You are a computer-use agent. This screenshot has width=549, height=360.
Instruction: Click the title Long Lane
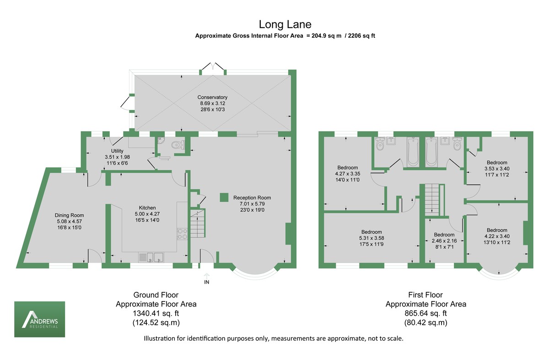[285, 24]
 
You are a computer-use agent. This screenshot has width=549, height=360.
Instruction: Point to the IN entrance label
[206, 282]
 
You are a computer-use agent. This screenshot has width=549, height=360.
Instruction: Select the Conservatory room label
[212, 97]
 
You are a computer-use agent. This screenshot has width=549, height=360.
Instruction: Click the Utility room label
[117, 150]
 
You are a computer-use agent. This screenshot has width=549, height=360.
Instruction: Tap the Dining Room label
[69, 215]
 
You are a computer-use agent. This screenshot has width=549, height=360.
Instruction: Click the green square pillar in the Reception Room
[224, 197]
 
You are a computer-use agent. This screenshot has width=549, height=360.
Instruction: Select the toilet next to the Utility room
[177, 145]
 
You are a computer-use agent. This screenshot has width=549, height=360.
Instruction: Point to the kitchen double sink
[152, 257]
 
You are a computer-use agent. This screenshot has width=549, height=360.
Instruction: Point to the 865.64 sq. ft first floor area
[425, 313]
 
